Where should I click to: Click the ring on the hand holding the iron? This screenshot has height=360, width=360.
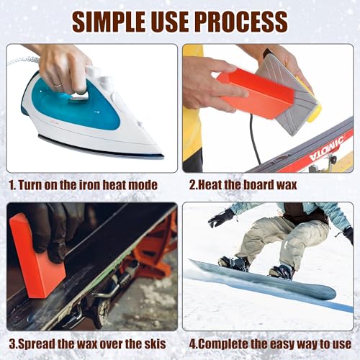point(57,84)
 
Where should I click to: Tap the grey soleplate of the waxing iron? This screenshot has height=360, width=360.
point(287,94)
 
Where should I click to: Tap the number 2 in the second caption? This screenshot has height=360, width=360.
point(192,184)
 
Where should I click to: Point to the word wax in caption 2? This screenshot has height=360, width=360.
point(296,184)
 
